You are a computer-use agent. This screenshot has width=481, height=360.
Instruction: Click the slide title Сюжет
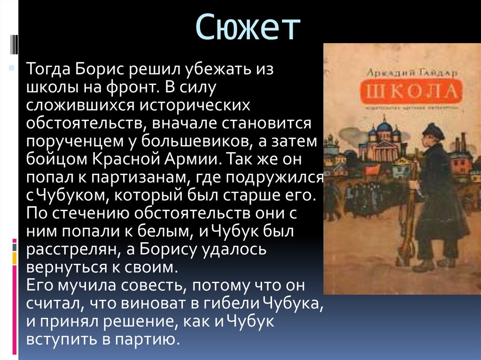[248, 27]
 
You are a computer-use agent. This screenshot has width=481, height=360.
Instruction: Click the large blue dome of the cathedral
[385, 126]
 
